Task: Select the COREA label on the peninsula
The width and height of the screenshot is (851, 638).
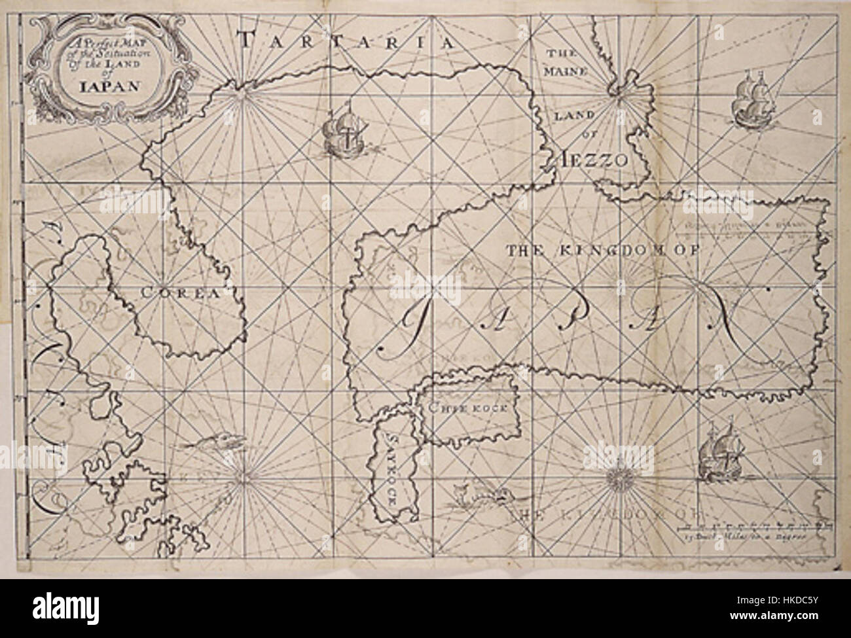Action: (179, 294)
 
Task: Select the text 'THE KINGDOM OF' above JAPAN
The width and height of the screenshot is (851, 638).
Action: (602, 249)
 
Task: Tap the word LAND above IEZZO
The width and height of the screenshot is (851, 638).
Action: (578, 115)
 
